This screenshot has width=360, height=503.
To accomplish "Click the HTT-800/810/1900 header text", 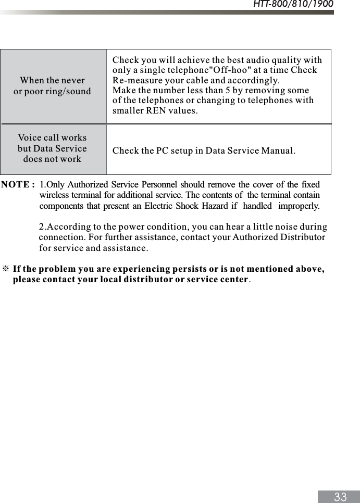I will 293,5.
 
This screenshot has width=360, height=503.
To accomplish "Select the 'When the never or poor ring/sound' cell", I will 52,86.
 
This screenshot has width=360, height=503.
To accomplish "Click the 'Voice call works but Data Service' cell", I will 52,148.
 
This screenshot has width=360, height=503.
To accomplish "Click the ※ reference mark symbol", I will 6,269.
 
